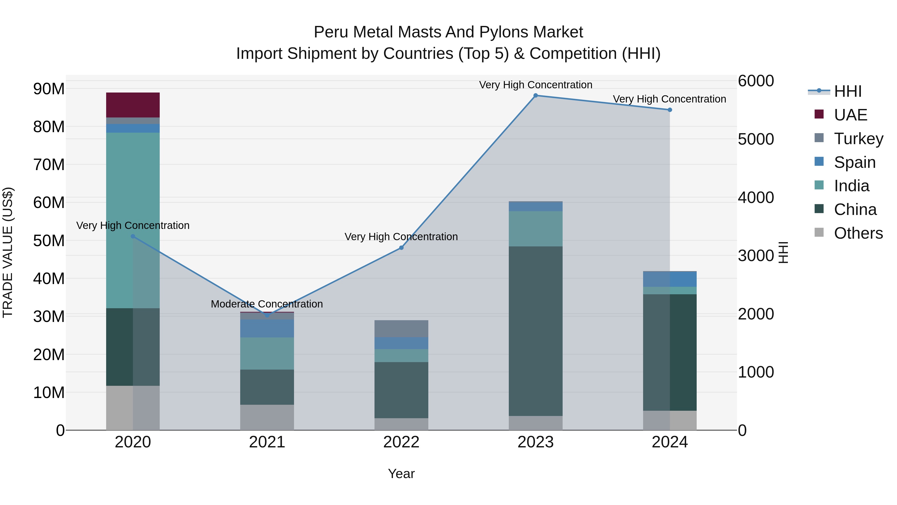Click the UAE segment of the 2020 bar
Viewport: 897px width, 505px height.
click(x=133, y=105)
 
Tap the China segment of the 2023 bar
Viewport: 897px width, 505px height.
click(x=535, y=331)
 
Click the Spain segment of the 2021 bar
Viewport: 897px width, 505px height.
click(x=267, y=328)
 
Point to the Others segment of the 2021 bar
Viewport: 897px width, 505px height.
click(x=267, y=417)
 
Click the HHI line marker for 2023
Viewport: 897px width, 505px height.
click(x=535, y=96)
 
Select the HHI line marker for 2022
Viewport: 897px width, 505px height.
click(x=401, y=248)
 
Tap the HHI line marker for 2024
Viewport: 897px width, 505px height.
click(x=670, y=110)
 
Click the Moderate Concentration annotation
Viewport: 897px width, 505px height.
click(x=267, y=304)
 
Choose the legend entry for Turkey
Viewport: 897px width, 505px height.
click(x=858, y=139)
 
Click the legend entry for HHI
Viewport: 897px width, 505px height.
click(x=848, y=91)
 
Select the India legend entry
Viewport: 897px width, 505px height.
click(x=851, y=186)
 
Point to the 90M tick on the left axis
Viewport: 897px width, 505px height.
click(x=49, y=89)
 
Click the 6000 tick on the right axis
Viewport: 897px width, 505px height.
click(x=756, y=81)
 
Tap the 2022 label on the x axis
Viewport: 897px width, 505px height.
click(x=401, y=442)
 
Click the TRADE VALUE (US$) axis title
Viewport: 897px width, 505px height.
click(x=8, y=252)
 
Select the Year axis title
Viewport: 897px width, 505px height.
click(x=401, y=474)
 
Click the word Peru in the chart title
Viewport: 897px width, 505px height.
click(x=331, y=32)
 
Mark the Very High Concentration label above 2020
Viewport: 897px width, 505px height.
click(x=133, y=225)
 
